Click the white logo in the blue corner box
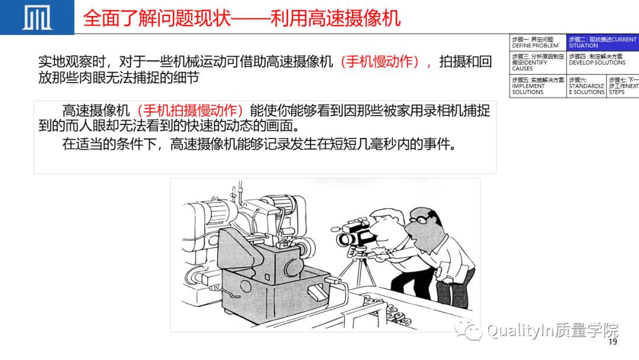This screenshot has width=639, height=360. (37, 17)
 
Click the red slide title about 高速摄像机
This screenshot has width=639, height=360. (241, 18)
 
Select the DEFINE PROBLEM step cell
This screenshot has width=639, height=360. (536, 43)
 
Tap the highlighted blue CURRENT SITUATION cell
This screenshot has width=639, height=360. (602, 43)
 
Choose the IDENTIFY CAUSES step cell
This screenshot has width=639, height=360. (537, 62)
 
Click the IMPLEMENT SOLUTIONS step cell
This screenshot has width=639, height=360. (537, 86)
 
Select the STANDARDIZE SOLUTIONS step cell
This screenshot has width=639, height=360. (586, 86)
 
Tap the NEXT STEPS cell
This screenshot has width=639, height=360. (623, 86)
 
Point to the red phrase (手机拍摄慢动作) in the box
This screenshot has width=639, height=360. (190, 111)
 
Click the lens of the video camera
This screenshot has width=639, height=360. (344, 239)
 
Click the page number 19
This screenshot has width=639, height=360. (612, 342)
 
